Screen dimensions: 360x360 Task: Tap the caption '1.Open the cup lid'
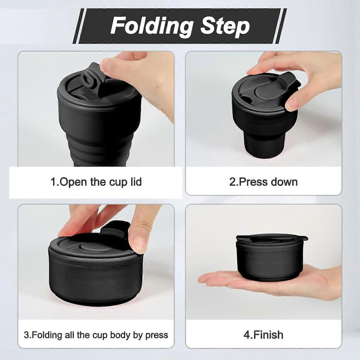pyautogui.click(x=96, y=182)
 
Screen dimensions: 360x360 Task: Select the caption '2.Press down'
pyautogui.click(x=263, y=182)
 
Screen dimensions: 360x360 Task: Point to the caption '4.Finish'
pyautogui.click(x=263, y=335)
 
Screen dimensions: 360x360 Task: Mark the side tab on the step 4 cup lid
pyautogui.click(x=305, y=239)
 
